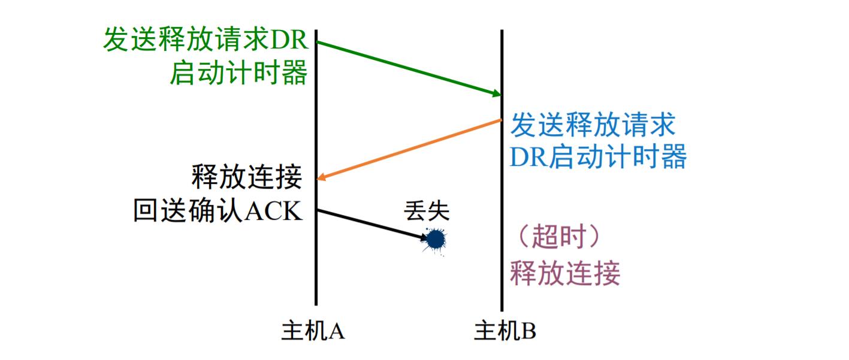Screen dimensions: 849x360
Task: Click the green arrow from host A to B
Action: (x=407, y=68)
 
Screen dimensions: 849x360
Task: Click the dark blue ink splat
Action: (x=435, y=240)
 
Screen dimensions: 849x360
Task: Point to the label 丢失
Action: (x=427, y=211)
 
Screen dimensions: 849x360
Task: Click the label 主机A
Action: (x=313, y=330)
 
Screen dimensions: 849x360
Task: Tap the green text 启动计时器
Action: (x=238, y=74)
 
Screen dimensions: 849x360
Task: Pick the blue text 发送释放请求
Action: (x=593, y=125)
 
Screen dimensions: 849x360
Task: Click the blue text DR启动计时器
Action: (x=598, y=157)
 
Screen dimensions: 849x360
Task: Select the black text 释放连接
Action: (x=246, y=177)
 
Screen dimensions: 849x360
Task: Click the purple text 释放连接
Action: (x=565, y=274)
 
